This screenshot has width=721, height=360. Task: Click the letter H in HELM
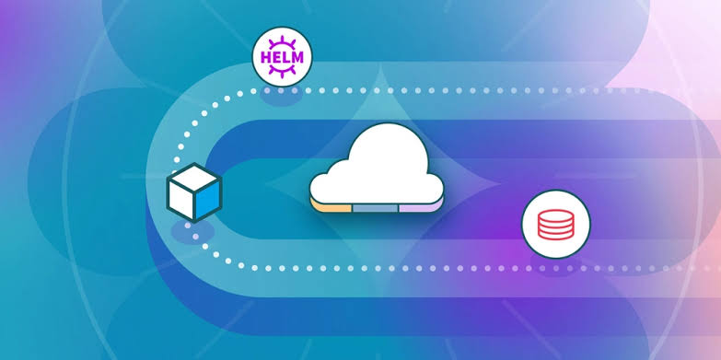[266, 57]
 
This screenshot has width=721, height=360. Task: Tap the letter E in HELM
[275, 57]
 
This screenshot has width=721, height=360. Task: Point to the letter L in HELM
[285, 57]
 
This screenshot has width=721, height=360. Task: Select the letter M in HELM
[297, 57]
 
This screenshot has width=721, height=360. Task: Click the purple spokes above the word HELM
[282, 43]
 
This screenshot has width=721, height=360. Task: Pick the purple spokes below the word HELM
[282, 71]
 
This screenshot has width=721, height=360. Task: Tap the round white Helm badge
[282, 57]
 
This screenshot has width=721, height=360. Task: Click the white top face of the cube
[194, 178]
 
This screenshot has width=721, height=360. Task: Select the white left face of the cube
[180, 203]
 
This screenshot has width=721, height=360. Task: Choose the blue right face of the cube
[208, 201]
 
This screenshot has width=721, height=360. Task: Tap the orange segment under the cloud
[331, 208]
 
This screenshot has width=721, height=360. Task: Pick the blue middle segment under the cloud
[375, 208]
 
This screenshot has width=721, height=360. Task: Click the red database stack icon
[555, 225]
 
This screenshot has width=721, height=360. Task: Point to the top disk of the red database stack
[555, 215]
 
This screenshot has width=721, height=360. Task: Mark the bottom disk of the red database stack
[555, 235]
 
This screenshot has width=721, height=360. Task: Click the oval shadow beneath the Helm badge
[281, 95]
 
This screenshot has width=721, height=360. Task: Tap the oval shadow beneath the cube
[192, 232]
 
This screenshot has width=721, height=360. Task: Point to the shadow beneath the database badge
[555, 265]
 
